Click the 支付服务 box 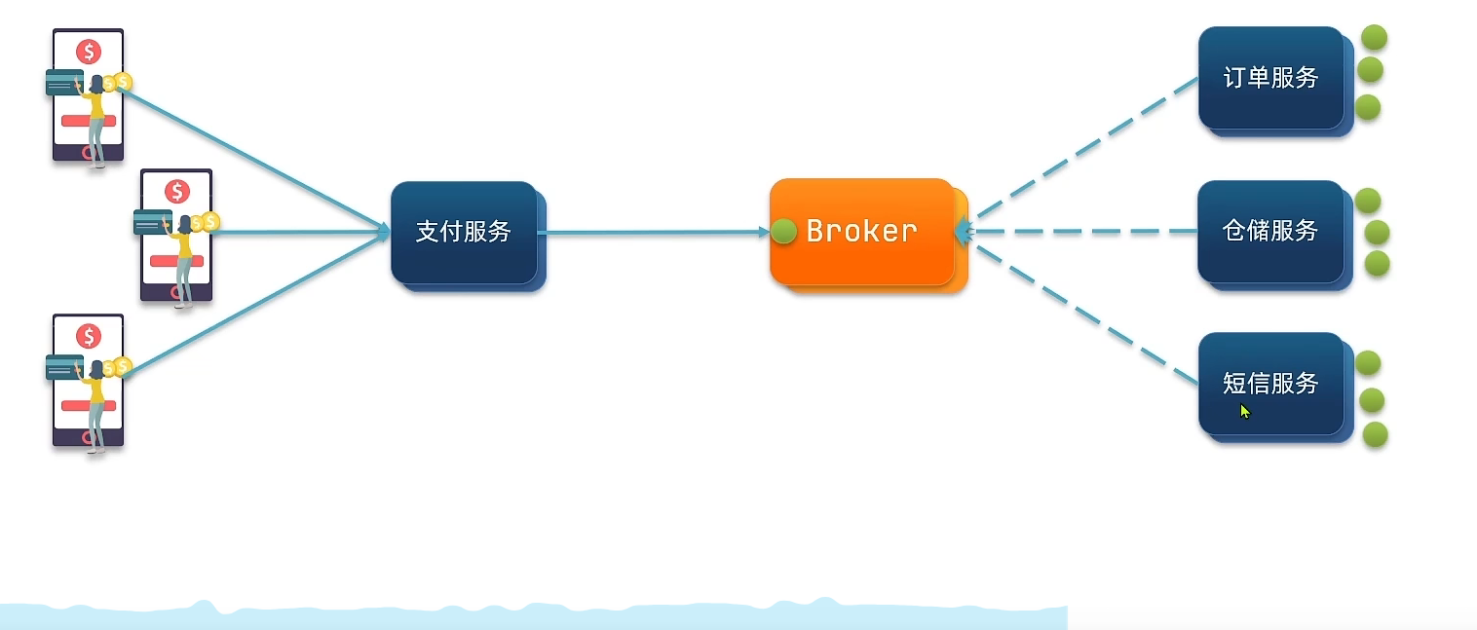tap(464, 232)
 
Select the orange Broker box tap(862, 232)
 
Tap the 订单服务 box tap(1270, 78)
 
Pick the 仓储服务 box tap(1270, 231)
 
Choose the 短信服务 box tap(1270, 384)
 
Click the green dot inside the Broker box tap(784, 232)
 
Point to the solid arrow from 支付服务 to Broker tap(653, 233)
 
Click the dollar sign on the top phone tap(89, 52)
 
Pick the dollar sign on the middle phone tap(176, 191)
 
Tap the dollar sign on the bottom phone tap(89, 337)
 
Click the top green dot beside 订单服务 tap(1374, 38)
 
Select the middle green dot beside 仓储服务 tap(1377, 232)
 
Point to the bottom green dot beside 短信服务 tap(1375, 434)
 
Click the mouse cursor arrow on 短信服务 tap(1244, 411)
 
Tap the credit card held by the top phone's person tap(64, 83)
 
